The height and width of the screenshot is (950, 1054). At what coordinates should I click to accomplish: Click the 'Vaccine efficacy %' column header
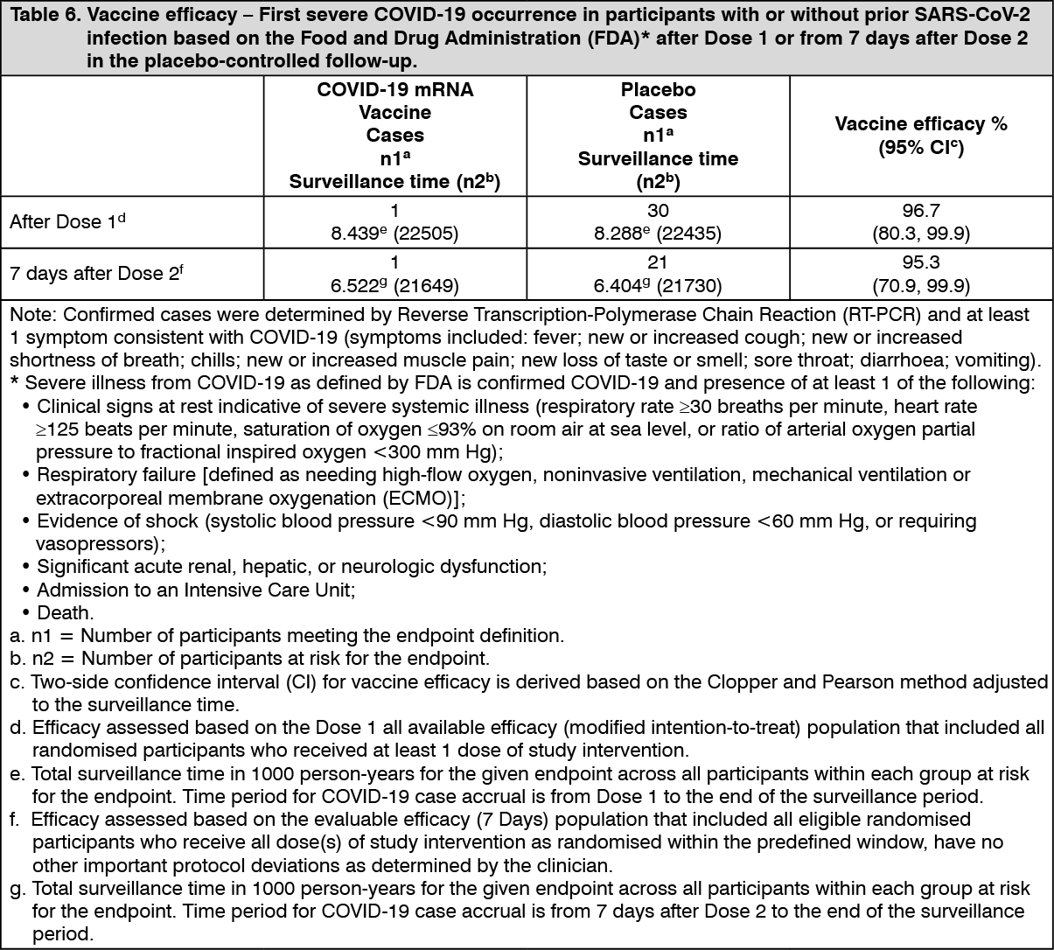tap(921, 124)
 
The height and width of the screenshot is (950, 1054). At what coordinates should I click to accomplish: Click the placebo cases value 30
tap(658, 211)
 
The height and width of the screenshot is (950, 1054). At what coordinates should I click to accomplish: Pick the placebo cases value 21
tap(658, 262)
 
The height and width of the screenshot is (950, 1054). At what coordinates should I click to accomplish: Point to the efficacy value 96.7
tap(921, 211)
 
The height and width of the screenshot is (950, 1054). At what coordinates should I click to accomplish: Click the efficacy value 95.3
tap(921, 262)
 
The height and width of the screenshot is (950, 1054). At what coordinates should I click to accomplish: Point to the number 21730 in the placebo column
tap(690, 286)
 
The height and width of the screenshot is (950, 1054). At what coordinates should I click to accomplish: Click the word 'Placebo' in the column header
tap(658, 90)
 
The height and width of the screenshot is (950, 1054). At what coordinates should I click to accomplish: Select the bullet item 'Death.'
tap(65, 612)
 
